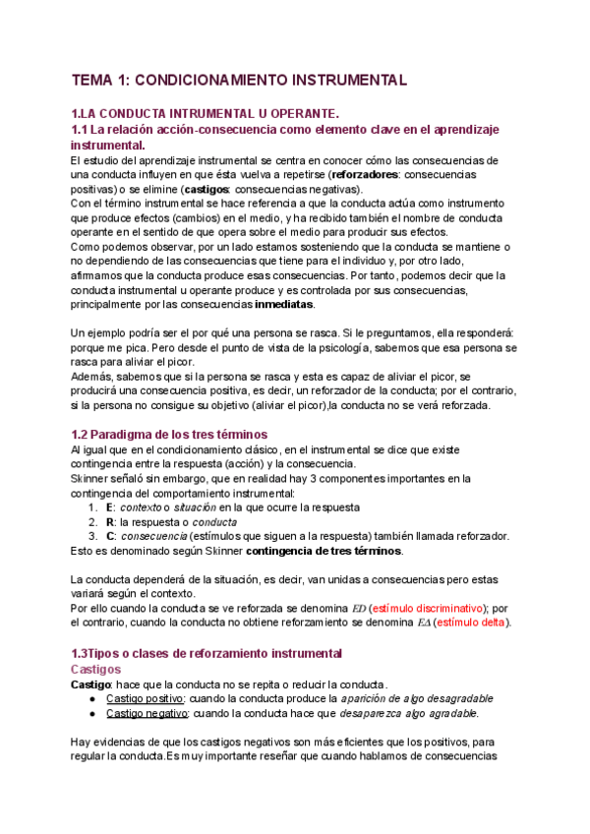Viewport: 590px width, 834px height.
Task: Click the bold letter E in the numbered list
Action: [x=109, y=506]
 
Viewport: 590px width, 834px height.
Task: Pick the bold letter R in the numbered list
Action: [x=110, y=521]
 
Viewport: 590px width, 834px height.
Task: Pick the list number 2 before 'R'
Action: [x=91, y=521]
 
